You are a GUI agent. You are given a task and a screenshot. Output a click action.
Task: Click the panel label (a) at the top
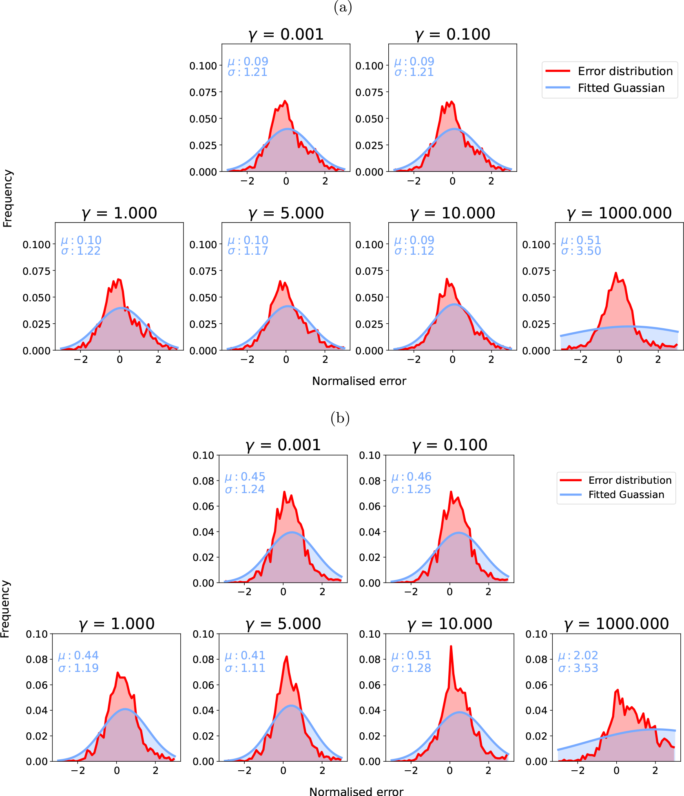click(x=343, y=7)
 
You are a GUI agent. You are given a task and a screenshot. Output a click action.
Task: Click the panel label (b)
click(x=340, y=418)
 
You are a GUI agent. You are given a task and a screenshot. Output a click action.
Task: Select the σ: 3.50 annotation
click(x=581, y=251)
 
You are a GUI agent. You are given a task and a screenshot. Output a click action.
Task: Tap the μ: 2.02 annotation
click(x=578, y=655)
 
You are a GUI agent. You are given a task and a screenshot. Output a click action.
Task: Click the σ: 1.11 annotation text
click(x=245, y=668)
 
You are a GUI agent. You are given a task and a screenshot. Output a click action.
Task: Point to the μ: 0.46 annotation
click(x=411, y=476)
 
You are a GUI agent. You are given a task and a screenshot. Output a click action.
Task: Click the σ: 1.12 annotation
click(x=414, y=251)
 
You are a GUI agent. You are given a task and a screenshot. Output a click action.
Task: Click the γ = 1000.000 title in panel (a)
click(x=619, y=213)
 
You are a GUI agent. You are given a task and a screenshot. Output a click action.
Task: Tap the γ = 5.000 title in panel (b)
click(x=283, y=624)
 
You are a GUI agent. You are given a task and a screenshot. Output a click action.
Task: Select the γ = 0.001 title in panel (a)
click(x=286, y=34)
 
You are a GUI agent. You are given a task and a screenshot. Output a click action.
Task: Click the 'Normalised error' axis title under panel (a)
click(x=359, y=381)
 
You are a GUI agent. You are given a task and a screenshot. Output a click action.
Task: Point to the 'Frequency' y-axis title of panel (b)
click(x=5, y=609)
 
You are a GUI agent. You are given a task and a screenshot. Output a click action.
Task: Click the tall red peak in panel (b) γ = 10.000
click(x=451, y=647)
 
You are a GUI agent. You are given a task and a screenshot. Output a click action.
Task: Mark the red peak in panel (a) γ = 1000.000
click(x=615, y=273)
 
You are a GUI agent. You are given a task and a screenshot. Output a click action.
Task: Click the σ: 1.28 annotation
click(x=411, y=668)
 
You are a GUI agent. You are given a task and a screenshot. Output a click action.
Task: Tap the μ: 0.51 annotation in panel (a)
click(x=581, y=240)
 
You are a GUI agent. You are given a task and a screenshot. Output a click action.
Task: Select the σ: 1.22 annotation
click(x=81, y=251)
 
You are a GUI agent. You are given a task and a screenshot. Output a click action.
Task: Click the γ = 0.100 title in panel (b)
click(x=449, y=445)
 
